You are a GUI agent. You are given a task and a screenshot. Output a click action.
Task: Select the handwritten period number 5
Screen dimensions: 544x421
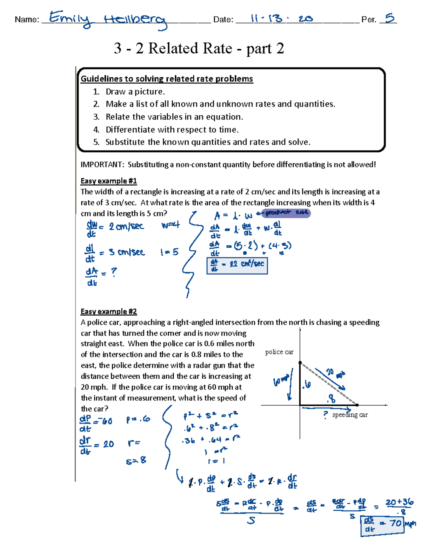tap(389, 18)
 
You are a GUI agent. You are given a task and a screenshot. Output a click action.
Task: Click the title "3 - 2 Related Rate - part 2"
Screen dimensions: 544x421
tap(199, 48)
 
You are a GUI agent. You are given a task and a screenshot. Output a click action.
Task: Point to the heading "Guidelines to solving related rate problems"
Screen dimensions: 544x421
tap(167, 79)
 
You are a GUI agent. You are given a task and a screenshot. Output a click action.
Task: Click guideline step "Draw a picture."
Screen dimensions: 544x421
tap(135, 92)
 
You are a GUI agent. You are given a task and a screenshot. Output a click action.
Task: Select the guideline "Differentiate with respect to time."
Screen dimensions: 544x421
tap(172, 130)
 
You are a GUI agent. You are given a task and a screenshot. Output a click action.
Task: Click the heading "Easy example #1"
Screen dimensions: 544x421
tap(108, 181)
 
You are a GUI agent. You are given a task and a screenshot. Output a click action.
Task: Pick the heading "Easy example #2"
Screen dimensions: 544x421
tap(108, 311)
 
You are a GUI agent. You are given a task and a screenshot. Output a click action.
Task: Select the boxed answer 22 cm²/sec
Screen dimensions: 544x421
tap(238, 266)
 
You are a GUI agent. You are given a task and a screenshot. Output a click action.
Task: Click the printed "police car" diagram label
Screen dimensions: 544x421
tap(279, 352)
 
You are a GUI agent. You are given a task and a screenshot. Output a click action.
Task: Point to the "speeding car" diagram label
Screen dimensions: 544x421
tap(350, 415)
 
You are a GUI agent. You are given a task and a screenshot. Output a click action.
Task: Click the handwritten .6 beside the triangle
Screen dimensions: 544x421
tap(307, 385)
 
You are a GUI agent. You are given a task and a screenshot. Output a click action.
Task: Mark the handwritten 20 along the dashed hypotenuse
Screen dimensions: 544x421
tap(330, 372)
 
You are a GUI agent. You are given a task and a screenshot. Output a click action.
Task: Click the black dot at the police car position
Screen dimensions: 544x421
tap(300, 363)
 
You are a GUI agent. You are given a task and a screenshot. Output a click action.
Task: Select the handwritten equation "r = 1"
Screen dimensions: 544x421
tap(216, 461)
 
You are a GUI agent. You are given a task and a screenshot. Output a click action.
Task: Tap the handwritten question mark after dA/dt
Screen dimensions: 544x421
tap(114, 272)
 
